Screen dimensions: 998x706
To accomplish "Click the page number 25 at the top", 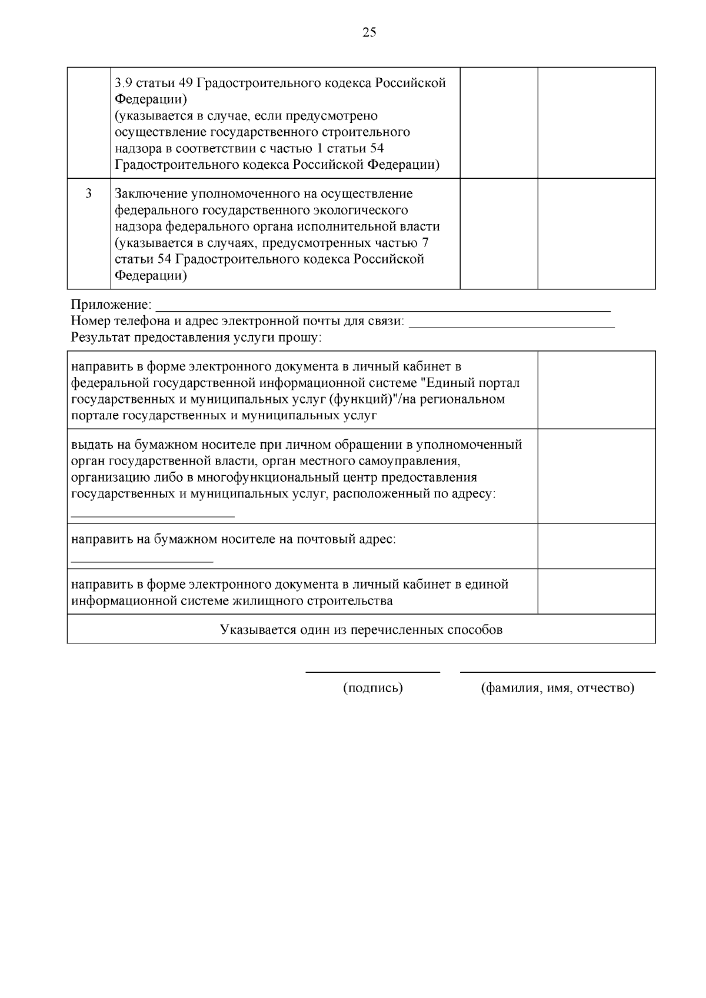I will coord(369,32).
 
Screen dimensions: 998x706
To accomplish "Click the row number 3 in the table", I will coord(89,193).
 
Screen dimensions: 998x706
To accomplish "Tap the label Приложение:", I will coord(111,305).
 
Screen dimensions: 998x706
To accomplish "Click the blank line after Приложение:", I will coord(382,308).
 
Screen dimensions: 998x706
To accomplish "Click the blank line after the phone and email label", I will coord(511,325).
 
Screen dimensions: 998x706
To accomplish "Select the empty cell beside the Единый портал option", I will coord(596,390).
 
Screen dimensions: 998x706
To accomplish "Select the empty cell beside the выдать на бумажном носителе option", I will coord(596,476).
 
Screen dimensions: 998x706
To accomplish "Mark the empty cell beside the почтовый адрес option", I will coord(596,546).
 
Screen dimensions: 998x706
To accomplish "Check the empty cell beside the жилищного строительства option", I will coord(596,591).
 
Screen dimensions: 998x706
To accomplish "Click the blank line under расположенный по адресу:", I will coord(152,516).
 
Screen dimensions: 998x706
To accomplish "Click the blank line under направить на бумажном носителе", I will coord(142,562).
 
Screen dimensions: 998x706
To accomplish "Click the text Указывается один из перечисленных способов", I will coord(361,630).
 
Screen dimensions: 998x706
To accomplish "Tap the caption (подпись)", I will coord(372,688).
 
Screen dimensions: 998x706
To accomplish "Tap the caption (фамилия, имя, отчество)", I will coord(557,688).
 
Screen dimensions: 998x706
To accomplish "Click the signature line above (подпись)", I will coord(372,672).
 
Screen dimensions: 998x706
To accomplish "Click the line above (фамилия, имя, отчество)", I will coord(557,672).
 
